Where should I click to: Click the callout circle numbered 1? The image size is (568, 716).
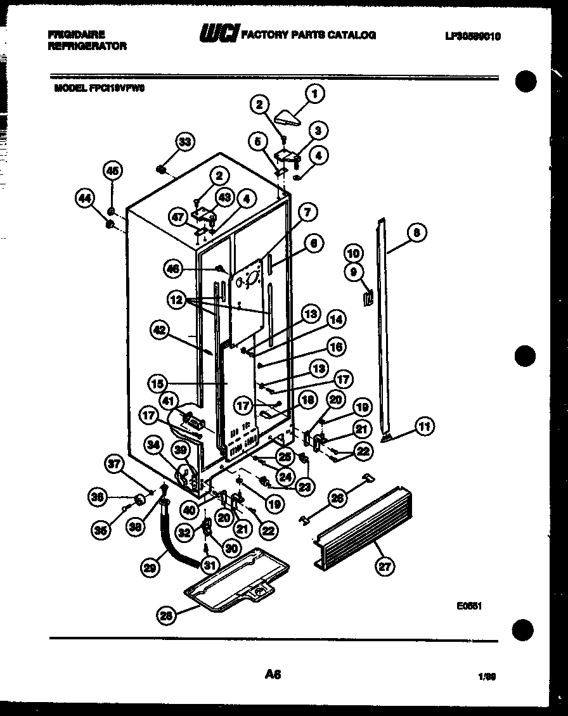[314, 94]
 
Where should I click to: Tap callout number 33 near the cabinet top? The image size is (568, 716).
[184, 142]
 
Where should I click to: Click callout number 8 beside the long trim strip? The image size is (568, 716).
[416, 233]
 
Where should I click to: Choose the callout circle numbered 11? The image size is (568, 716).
[424, 427]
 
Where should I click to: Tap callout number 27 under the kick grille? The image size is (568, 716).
[384, 566]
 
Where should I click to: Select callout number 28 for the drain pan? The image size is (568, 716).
[167, 614]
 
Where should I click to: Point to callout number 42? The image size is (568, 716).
[161, 328]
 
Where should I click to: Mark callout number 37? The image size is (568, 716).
[114, 465]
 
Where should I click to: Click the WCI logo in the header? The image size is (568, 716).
[218, 34]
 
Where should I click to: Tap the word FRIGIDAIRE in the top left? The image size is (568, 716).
[76, 34]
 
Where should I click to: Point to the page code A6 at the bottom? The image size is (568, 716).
[273, 676]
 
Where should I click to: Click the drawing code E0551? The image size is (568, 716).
[470, 606]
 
